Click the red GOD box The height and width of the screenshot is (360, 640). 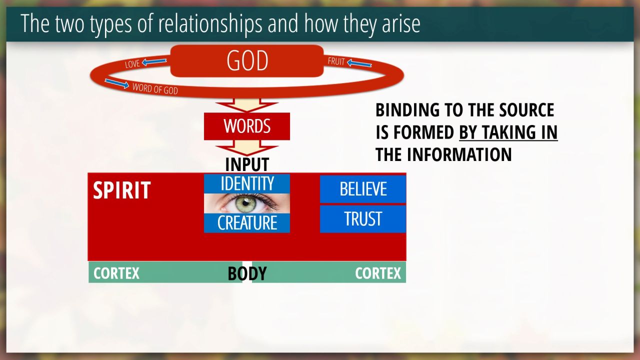(247, 60)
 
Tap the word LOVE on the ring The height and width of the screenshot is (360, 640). (132, 64)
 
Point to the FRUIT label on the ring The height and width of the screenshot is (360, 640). (336, 61)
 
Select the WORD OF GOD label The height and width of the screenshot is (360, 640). (155, 88)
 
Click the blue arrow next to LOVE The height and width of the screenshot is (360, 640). (154, 61)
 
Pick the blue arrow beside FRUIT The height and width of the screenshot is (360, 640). (359, 63)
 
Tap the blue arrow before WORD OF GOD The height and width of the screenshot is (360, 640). (117, 83)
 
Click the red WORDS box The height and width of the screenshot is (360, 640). (247, 126)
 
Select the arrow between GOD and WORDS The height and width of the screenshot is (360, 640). (247, 105)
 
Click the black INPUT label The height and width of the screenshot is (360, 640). (247, 164)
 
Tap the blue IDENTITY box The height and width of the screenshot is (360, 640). (247, 183)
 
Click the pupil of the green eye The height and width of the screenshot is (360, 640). (245, 203)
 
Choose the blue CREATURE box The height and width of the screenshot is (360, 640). (247, 223)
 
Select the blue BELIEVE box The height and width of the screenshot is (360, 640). (363, 189)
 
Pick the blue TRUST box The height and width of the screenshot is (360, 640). (363, 219)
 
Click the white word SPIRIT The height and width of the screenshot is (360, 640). (122, 190)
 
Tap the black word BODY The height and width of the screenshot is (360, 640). (247, 273)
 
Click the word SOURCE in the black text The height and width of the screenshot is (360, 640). (526, 109)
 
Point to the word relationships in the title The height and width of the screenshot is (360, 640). (210, 23)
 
